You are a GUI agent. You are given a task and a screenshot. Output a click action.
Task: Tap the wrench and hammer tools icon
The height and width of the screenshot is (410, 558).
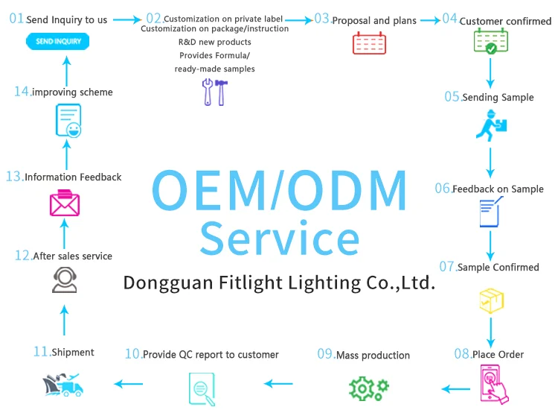pyautogui.click(x=214, y=92)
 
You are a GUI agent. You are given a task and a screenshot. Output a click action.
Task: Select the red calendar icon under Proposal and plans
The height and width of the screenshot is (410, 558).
pyautogui.click(x=369, y=43)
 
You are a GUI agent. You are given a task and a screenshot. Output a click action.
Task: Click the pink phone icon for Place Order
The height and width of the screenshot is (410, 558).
pyautogui.click(x=491, y=385)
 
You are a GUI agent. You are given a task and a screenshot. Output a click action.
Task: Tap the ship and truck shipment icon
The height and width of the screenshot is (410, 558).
pyautogui.click(x=62, y=385)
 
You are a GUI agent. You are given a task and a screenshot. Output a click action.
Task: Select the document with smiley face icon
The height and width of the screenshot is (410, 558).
pyautogui.click(x=68, y=120)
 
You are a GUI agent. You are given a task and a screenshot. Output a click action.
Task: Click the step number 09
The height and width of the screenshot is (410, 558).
pyautogui.click(x=325, y=354)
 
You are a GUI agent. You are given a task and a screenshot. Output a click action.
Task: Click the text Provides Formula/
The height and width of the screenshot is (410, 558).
pyautogui.click(x=213, y=56)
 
